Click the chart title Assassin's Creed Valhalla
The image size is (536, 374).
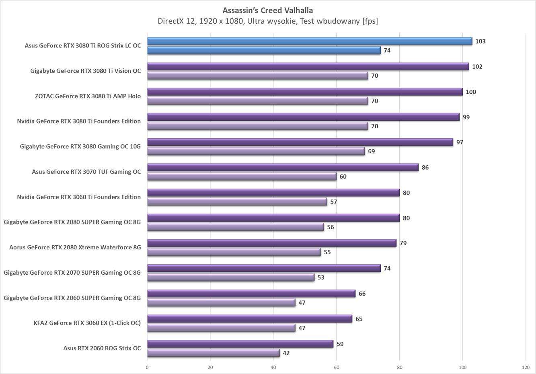(268, 10)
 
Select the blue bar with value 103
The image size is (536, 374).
(309, 41)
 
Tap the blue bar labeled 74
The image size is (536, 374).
(263, 50)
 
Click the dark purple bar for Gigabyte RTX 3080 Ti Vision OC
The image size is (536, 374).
(308, 66)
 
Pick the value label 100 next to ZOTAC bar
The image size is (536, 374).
(470, 92)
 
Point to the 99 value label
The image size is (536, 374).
(466, 117)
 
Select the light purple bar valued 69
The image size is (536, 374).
(256, 151)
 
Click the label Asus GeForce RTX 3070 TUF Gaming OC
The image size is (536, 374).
(86, 172)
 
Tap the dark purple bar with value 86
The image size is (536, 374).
(283, 167)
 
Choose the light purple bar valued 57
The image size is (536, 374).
(237, 202)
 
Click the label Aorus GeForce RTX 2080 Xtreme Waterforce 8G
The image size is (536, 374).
(75, 247)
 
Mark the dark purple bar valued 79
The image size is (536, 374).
(271, 243)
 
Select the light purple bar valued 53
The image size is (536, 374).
(230, 277)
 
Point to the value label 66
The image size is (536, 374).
(362, 294)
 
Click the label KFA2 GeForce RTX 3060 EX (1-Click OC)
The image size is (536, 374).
(87, 323)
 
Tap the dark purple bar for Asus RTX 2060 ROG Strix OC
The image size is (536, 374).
(240, 344)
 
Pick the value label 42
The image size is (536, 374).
(286, 353)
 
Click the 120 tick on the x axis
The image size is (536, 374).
(526, 367)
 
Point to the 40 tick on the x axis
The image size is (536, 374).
(273, 367)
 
